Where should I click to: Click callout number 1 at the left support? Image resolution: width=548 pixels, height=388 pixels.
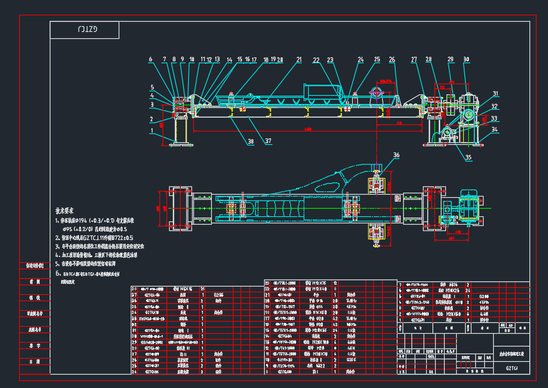coord(152,131)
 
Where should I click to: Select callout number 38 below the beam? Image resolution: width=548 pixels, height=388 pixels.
coord(251,141)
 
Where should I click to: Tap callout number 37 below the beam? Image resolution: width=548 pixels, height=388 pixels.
coord(269,141)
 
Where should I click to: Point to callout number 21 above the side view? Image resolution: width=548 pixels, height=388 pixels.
coord(299,60)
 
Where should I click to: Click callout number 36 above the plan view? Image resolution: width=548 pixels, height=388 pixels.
coord(396,155)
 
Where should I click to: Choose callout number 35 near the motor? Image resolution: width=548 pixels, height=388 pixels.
coord(469,157)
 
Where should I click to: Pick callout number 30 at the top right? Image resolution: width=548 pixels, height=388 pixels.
coord(466,60)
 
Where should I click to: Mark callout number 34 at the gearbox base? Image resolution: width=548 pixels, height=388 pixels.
coord(495,130)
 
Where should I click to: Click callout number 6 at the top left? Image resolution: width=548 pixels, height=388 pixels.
coord(151,60)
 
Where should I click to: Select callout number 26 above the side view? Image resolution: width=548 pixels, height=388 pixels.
coord(392,60)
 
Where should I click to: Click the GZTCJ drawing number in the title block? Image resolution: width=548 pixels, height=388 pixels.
coord(512,368)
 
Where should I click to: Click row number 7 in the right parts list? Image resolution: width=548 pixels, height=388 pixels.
coord(400,284)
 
